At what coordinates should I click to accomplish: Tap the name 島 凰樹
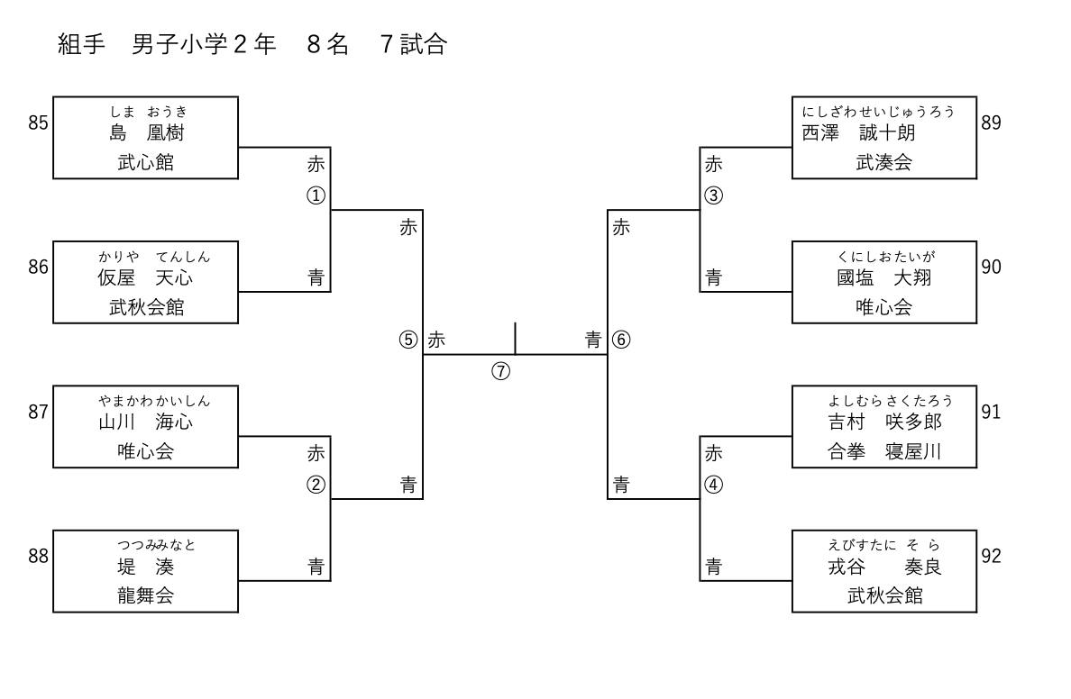click(145, 133)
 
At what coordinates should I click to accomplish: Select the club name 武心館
click(145, 163)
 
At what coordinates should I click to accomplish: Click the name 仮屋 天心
click(145, 277)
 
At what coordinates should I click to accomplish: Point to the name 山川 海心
click(145, 422)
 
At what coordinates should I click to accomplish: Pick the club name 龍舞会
click(145, 595)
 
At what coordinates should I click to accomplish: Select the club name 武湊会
click(883, 163)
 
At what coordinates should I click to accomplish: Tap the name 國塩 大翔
click(883, 277)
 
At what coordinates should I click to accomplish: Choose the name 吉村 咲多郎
click(883, 422)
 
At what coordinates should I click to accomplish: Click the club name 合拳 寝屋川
click(883, 451)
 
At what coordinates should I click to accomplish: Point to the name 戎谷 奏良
click(883, 567)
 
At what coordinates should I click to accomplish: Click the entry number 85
click(38, 123)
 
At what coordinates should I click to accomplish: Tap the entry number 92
click(991, 556)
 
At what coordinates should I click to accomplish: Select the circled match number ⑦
click(501, 372)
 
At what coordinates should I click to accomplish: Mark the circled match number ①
click(316, 195)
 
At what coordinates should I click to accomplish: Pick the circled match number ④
click(713, 485)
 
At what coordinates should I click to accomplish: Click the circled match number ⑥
click(622, 340)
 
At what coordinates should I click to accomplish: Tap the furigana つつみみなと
click(156, 545)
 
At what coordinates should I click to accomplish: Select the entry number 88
click(38, 556)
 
